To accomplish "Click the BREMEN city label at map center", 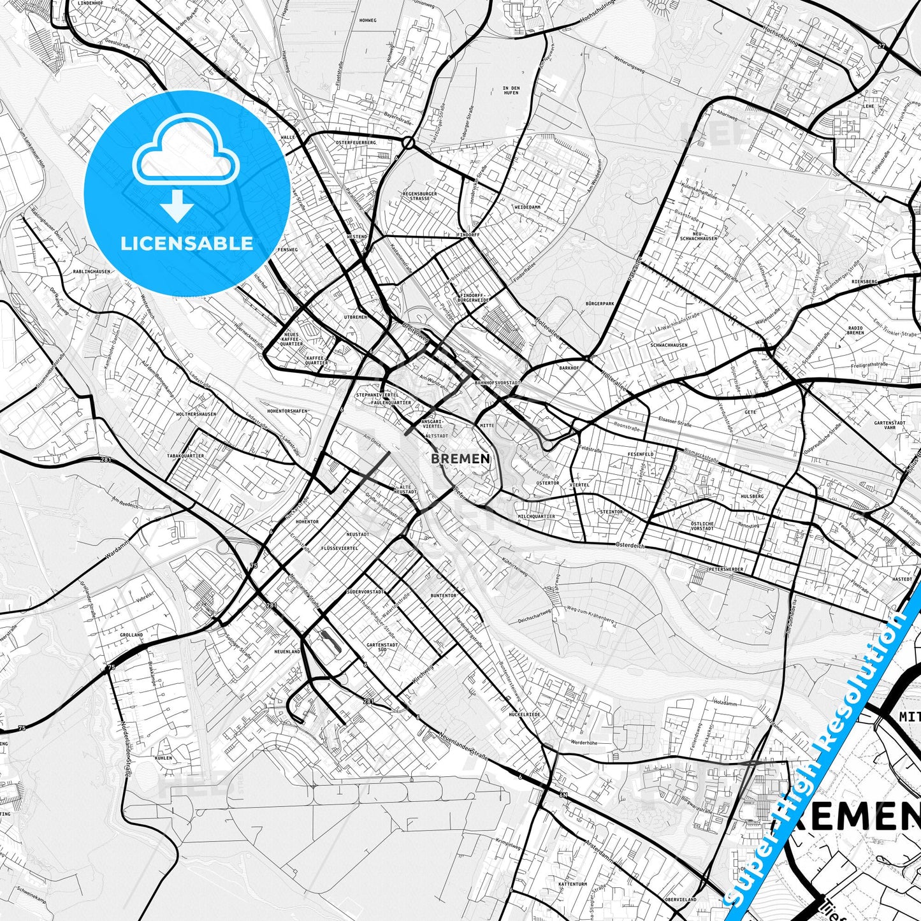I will pyautogui.click(x=460, y=458).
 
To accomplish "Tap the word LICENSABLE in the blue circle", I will pyautogui.click(x=187, y=243).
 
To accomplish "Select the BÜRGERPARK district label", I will pyautogui.click(x=600, y=304).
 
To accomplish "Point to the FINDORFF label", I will pyautogui.click(x=468, y=235).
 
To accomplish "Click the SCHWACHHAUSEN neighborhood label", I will pyautogui.click(x=669, y=345).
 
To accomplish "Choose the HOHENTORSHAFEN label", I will pyautogui.click(x=287, y=411).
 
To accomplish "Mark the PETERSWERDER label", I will pyautogui.click(x=725, y=569).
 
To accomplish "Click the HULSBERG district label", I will pyautogui.click(x=752, y=496).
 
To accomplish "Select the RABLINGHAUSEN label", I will pyautogui.click(x=92, y=271).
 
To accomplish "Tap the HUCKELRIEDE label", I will pyautogui.click(x=524, y=714).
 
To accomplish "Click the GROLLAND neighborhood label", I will pyautogui.click(x=131, y=635).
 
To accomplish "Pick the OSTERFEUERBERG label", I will pyautogui.click(x=356, y=142).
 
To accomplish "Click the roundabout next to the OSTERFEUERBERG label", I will pyautogui.click(x=407, y=142).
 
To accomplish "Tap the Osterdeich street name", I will pyautogui.click(x=631, y=546).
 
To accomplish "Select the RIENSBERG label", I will pyautogui.click(x=864, y=281).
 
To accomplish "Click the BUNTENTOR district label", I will pyautogui.click(x=443, y=595).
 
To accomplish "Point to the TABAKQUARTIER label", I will pyautogui.click(x=185, y=456).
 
